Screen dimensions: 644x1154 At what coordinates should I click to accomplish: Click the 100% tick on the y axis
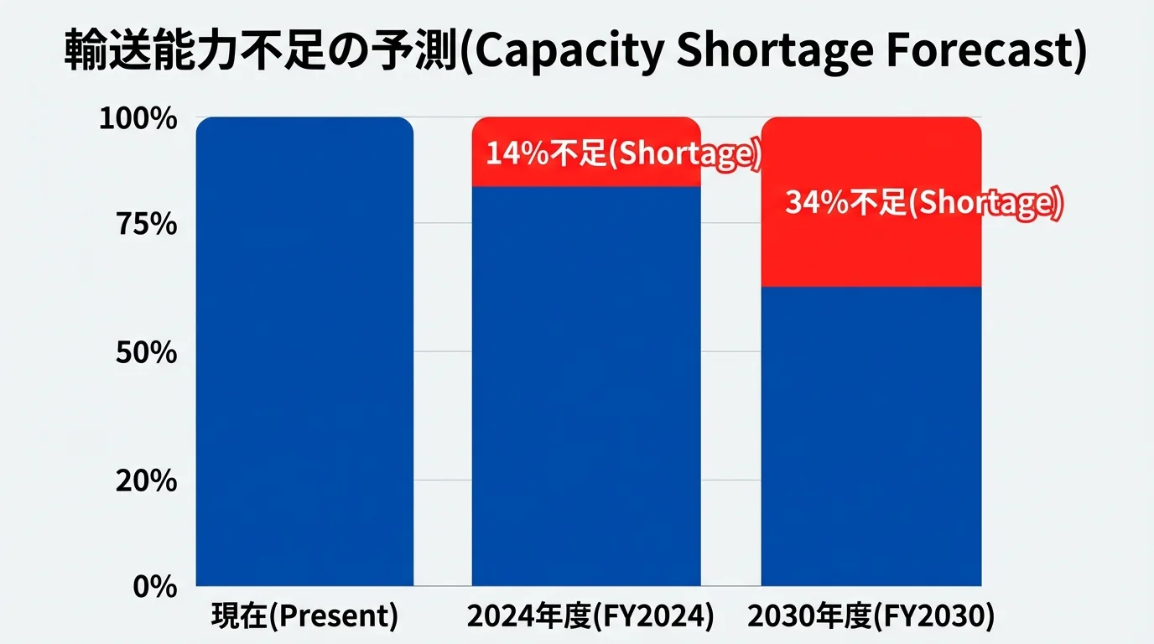point(138,119)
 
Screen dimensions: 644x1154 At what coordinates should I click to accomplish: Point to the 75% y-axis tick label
point(144,225)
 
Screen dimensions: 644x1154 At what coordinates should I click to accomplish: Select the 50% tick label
point(144,352)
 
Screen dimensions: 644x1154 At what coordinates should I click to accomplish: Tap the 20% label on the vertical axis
point(144,481)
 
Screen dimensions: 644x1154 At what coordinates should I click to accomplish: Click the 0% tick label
point(154,586)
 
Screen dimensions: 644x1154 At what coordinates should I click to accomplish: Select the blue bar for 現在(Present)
point(304,352)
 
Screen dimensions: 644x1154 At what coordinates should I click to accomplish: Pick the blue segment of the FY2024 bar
point(585,386)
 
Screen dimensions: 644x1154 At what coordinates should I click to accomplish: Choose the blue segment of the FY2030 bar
point(871,436)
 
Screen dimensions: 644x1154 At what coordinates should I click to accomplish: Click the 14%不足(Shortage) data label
point(622,154)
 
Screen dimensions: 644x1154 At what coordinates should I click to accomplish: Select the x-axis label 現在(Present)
point(304,616)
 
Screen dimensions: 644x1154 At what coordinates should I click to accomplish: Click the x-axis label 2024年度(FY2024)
point(590,616)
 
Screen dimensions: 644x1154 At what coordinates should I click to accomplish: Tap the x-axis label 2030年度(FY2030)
point(871,616)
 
